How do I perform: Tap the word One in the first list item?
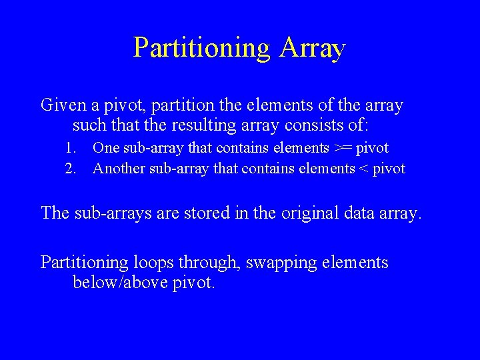pyautogui.click(x=105, y=148)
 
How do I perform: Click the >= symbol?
pyautogui.click(x=341, y=148)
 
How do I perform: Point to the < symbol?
pyautogui.click(x=364, y=169)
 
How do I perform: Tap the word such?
pyautogui.click(x=89, y=125)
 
